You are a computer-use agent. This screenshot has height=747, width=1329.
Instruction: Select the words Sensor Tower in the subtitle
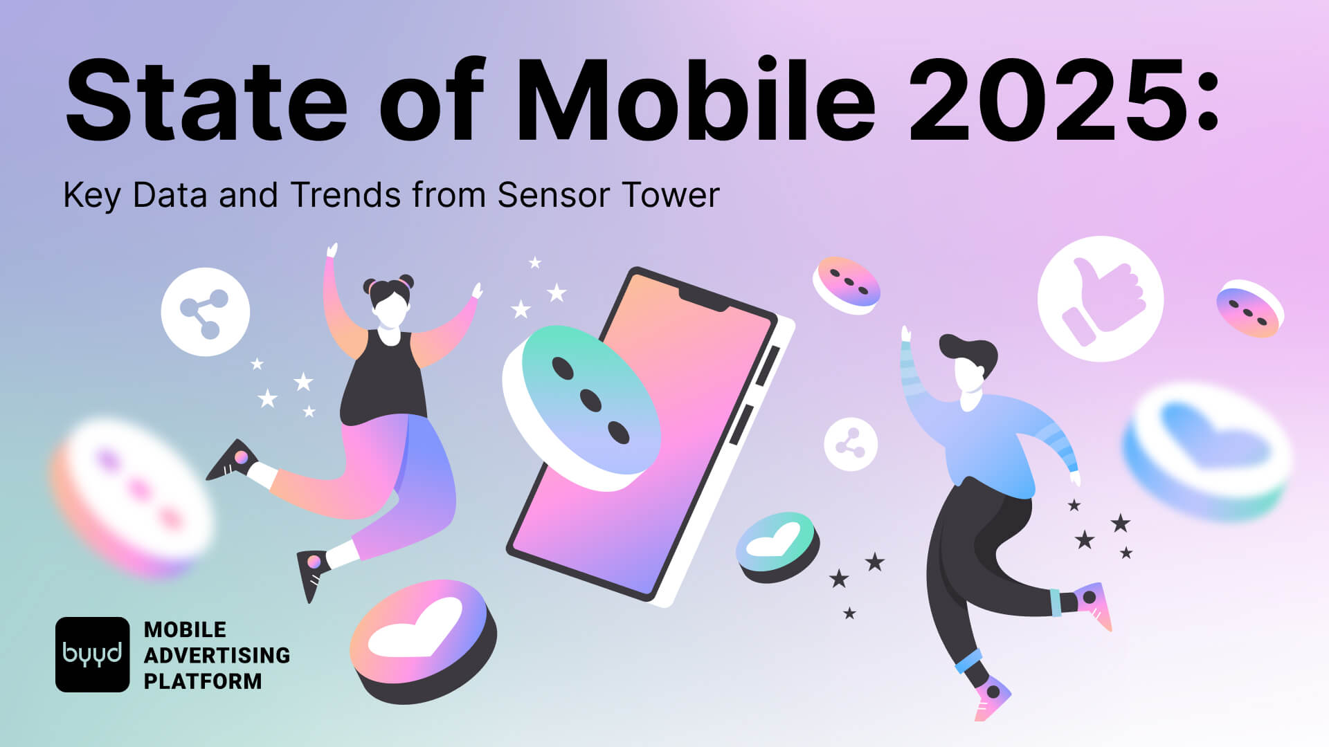608,195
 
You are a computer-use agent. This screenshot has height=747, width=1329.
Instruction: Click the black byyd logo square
92,654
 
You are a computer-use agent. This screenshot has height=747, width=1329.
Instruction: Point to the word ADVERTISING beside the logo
217,655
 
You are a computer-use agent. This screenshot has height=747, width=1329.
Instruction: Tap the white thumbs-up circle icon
1100,299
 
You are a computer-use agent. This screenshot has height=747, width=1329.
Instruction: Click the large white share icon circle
206,312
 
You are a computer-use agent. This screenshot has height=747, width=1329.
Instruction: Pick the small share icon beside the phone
851,444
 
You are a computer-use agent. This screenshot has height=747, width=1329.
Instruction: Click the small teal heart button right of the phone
777,544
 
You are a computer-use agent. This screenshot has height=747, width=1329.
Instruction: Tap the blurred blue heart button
1208,450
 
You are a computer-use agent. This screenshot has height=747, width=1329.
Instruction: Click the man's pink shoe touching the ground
993,699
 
